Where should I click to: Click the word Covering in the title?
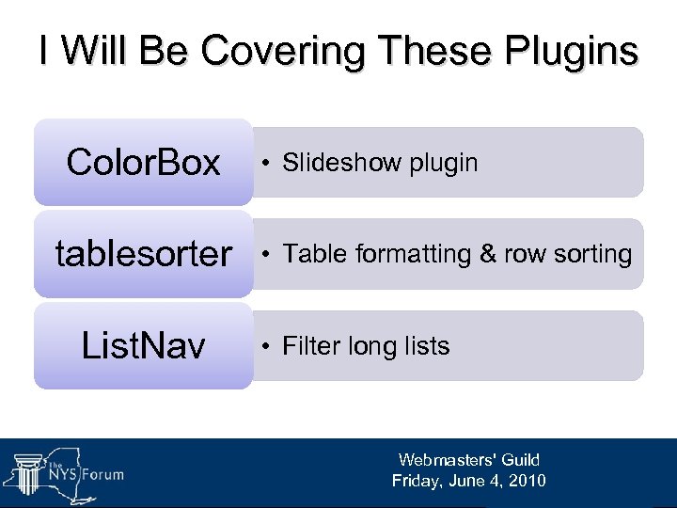tap(267, 51)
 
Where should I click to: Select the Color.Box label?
tap(143, 163)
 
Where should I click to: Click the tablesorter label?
tap(143, 254)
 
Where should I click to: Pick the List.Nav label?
tap(143, 346)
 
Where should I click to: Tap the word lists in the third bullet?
tap(422, 346)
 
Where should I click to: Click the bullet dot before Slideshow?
tap(268, 164)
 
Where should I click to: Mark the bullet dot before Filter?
tap(268, 347)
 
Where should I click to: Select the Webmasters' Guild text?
tap(468, 460)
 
